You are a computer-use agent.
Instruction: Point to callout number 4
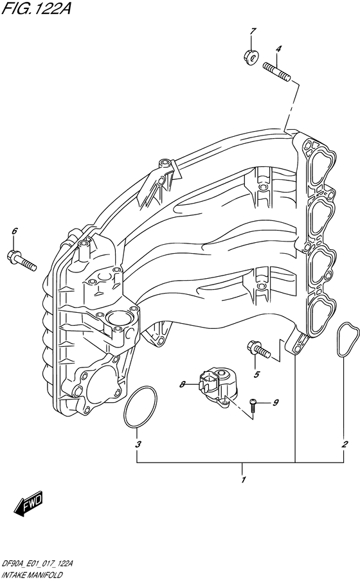(x=279, y=49)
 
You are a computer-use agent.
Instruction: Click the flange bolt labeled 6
(x=24, y=260)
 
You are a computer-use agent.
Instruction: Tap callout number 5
(x=256, y=375)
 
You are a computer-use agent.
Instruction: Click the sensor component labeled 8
(x=217, y=386)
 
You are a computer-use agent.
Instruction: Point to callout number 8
(x=183, y=384)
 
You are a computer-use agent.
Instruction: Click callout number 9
(x=275, y=403)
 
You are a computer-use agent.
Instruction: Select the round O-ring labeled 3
(x=139, y=407)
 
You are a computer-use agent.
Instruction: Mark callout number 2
(x=345, y=444)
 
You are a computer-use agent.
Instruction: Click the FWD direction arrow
(x=28, y=506)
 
